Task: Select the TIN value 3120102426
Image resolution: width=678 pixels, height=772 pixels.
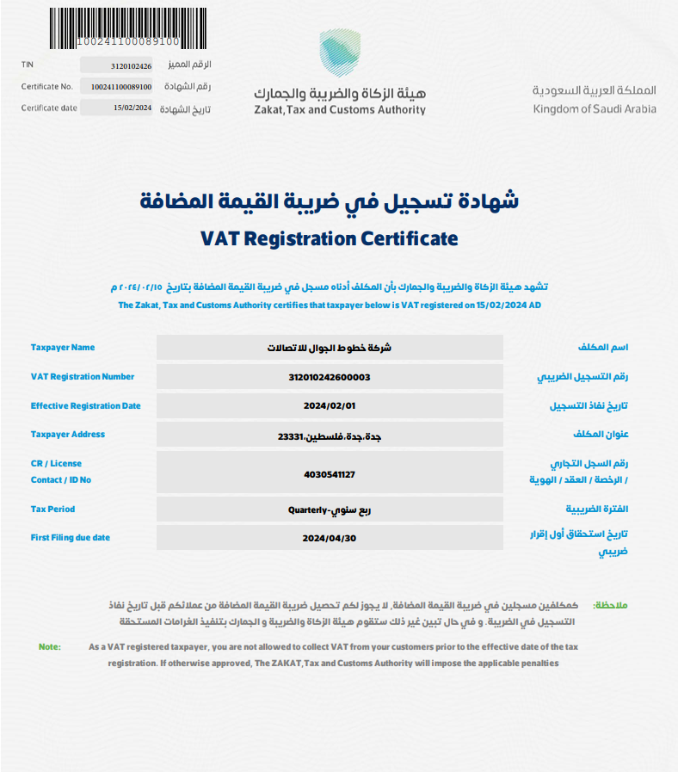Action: click(131, 65)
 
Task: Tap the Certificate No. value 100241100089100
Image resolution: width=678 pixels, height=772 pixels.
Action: click(120, 87)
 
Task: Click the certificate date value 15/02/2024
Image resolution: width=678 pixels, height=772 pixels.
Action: click(132, 108)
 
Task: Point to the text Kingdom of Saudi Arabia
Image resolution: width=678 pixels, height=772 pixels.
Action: click(594, 109)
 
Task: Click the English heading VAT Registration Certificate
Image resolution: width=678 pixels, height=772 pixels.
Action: click(329, 238)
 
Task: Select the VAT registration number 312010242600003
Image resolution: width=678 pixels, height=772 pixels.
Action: click(330, 377)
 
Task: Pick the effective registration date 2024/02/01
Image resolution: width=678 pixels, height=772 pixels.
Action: click(330, 406)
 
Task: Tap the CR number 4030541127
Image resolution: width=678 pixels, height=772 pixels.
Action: click(330, 474)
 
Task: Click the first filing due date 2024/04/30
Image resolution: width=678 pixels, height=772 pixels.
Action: click(330, 538)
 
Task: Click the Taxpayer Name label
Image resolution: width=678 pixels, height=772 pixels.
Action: click(63, 348)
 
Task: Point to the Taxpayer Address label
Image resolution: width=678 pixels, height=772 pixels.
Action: click(68, 435)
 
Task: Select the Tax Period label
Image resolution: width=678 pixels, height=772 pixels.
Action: click(53, 510)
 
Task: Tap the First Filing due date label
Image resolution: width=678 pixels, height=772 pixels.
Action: click(71, 538)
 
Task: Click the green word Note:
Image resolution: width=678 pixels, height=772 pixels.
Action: click(50, 646)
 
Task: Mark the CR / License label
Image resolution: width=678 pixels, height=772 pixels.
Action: click(57, 464)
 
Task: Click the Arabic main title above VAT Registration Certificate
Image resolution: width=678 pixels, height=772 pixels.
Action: click(330, 201)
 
